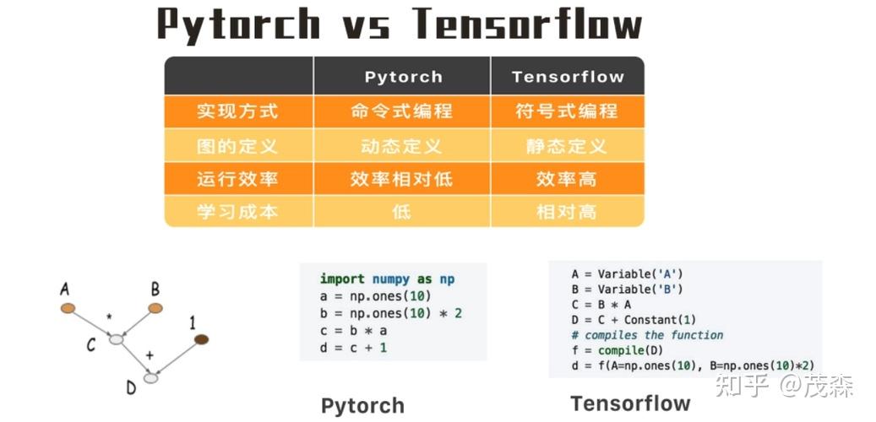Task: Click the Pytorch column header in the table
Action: (403, 77)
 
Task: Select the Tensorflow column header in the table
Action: (567, 77)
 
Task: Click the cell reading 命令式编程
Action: (401, 111)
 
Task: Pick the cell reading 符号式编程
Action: (567, 111)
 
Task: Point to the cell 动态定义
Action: (401, 146)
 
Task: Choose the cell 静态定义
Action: (567, 146)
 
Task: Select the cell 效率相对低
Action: (401, 179)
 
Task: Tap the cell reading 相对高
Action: (567, 212)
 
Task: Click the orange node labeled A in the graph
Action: (68, 308)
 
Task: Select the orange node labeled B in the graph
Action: (155, 308)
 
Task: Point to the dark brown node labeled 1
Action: (201, 339)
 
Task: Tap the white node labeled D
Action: (150, 378)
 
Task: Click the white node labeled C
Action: (116, 339)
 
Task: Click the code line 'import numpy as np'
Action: (388, 279)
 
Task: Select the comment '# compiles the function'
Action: (647, 335)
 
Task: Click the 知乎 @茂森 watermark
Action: (784, 387)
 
